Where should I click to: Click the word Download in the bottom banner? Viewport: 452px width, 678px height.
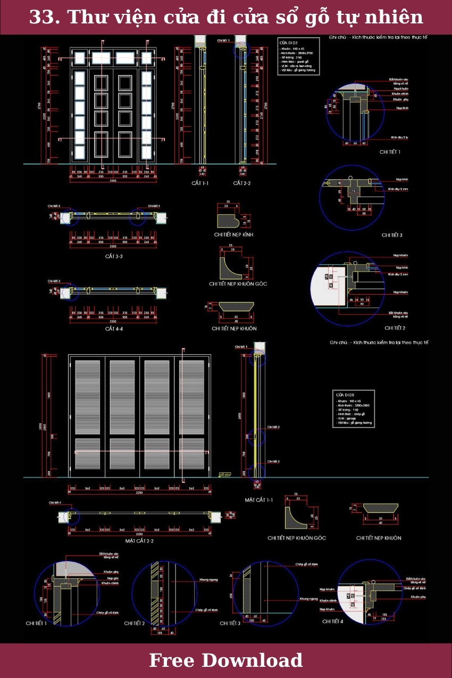252,660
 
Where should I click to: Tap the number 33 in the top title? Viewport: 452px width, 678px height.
40,18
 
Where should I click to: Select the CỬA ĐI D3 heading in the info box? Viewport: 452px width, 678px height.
288,42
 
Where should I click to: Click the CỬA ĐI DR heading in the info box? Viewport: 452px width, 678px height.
345,395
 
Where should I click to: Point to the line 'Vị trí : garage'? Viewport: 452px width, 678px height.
347,418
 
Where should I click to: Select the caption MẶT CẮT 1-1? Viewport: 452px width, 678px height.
259,500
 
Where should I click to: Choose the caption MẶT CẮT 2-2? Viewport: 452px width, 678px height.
139,540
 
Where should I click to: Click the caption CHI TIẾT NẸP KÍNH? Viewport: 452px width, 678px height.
234,235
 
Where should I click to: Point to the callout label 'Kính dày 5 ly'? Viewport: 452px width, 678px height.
399,137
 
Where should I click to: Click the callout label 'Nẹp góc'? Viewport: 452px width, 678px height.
113,578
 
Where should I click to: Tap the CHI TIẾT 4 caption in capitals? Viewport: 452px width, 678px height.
333,621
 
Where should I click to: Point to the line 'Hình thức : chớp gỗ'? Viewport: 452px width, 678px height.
351,414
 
